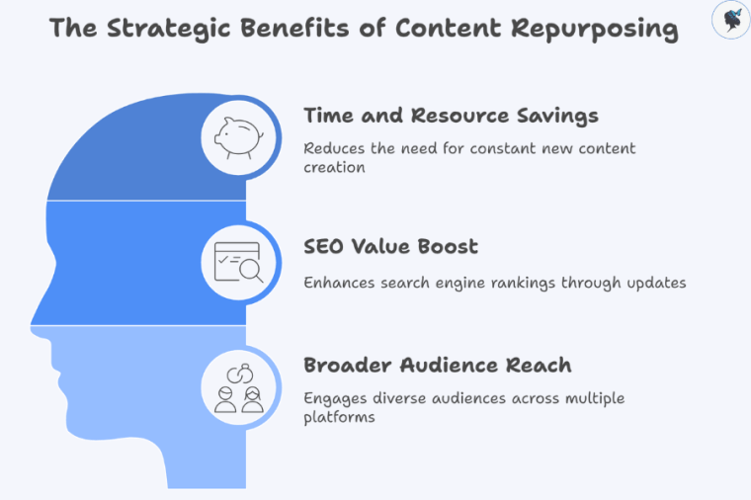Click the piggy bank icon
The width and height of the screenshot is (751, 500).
tap(236, 137)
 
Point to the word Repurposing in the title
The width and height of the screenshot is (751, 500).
tap(594, 29)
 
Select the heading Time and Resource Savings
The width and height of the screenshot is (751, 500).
tap(451, 116)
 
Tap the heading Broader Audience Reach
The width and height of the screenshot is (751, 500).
tap(437, 365)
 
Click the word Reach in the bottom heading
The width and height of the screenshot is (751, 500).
tap(541, 365)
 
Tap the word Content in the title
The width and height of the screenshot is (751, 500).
tap(445, 29)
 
